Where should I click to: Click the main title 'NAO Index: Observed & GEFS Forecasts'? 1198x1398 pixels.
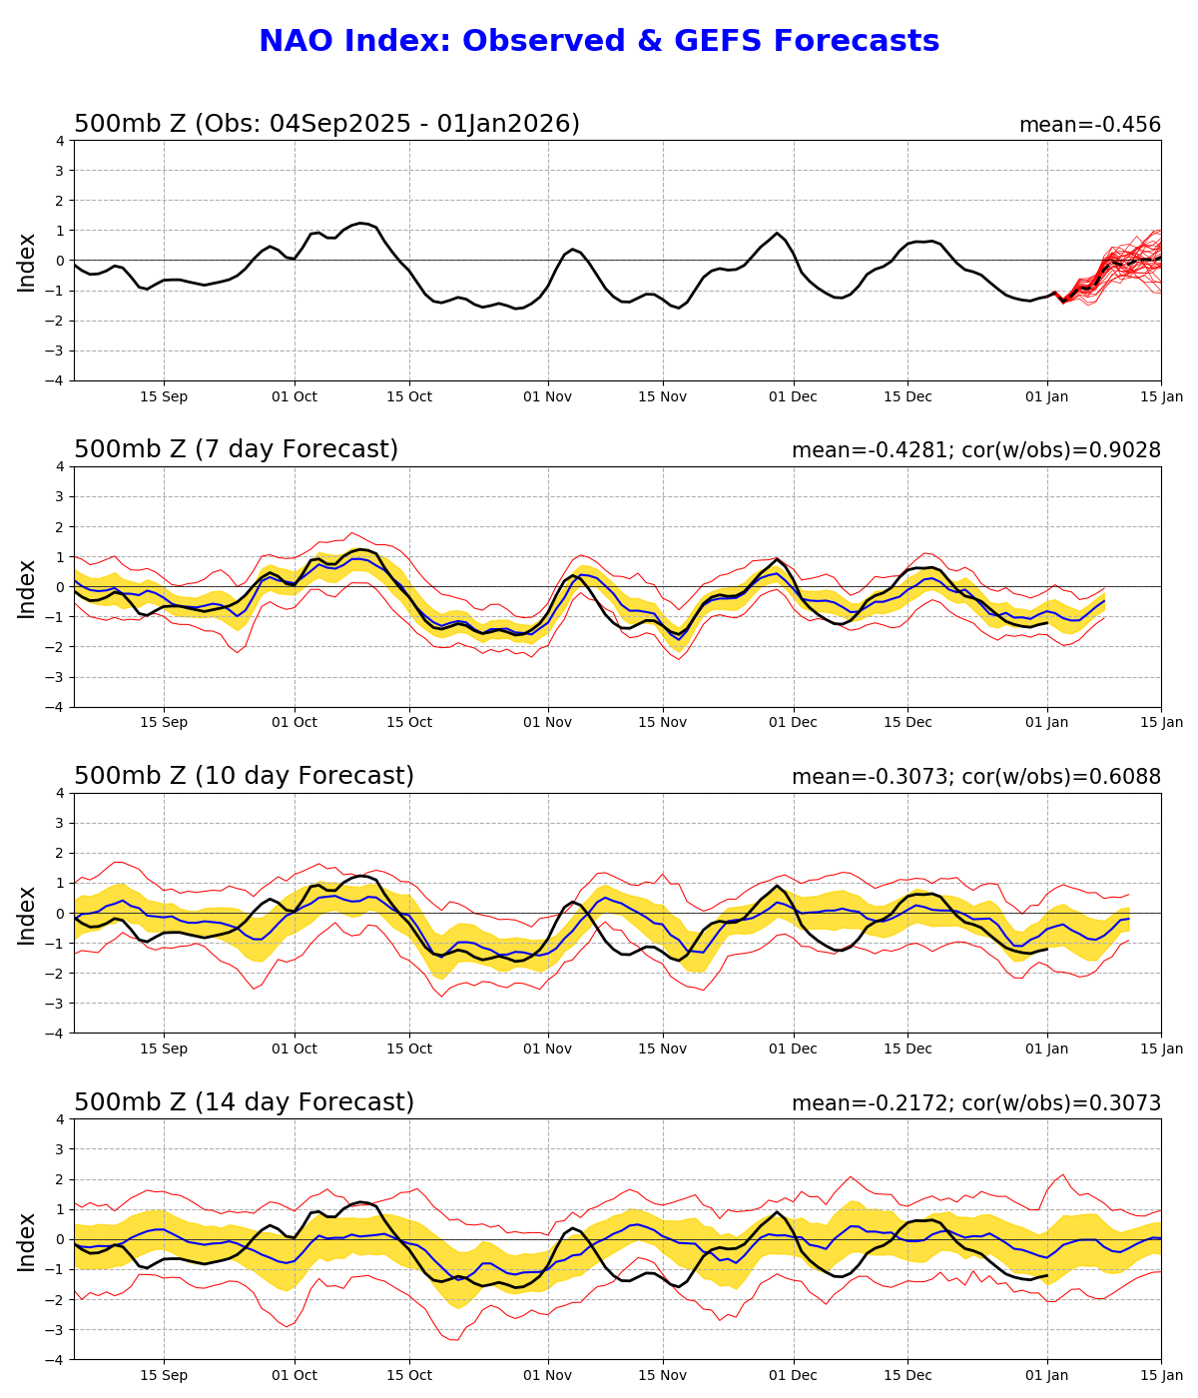click(x=599, y=42)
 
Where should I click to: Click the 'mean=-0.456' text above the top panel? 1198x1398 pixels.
click(x=1089, y=126)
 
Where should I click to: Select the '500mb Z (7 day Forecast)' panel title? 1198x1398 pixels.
click(x=236, y=450)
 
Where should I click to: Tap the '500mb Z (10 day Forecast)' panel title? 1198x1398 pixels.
click(x=244, y=777)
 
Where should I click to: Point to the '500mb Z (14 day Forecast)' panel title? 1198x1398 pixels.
click(x=244, y=1103)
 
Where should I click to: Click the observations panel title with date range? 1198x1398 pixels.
click(x=326, y=125)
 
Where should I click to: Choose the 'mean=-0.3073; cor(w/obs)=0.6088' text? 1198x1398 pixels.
click(x=975, y=778)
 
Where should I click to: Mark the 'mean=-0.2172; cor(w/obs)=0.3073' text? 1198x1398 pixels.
click(x=975, y=1104)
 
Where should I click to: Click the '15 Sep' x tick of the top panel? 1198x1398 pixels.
click(x=164, y=396)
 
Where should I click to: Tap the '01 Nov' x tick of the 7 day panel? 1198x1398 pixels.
click(x=547, y=722)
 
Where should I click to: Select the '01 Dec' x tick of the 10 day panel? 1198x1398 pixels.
click(x=793, y=1048)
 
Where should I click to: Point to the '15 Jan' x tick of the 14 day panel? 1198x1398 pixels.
click(x=1161, y=1375)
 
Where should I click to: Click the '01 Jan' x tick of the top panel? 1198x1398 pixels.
click(x=1046, y=396)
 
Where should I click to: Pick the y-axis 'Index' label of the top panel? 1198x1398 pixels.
click(x=27, y=262)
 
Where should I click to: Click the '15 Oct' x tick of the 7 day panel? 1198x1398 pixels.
click(x=408, y=722)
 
